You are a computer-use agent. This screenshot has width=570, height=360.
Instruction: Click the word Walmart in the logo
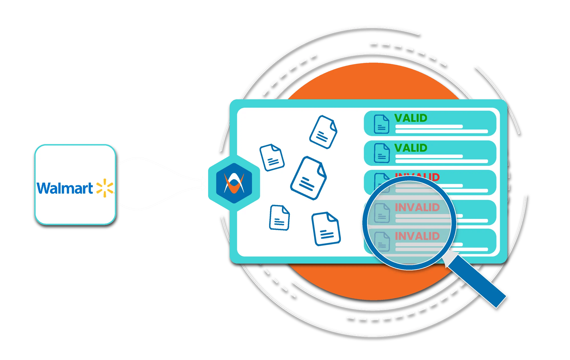[x=65, y=188]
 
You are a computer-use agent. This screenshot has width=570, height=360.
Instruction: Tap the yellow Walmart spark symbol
[x=105, y=188]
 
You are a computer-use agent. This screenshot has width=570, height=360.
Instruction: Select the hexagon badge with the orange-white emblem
[x=234, y=183]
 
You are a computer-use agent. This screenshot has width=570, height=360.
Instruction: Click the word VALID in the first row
[x=411, y=118]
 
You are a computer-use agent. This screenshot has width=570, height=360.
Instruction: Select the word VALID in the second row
[x=411, y=148]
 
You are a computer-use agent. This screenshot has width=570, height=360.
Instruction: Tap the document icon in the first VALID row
[x=381, y=124]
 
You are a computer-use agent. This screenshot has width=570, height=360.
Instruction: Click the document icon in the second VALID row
[x=382, y=153]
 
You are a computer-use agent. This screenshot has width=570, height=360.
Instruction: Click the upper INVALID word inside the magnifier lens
[x=417, y=208]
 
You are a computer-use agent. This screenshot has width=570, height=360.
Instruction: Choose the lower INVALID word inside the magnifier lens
[x=417, y=236]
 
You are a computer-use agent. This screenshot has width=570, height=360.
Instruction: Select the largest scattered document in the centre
[x=309, y=178]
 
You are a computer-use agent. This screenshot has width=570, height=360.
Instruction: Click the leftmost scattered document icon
[x=272, y=157]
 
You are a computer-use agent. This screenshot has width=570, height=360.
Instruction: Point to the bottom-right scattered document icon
[x=326, y=229]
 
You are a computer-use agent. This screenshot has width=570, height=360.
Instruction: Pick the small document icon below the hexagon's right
[x=279, y=217]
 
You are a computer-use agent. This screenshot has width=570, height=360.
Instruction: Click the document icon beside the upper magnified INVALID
[x=382, y=213]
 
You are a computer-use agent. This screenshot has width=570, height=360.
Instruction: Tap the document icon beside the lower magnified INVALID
[x=382, y=242]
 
